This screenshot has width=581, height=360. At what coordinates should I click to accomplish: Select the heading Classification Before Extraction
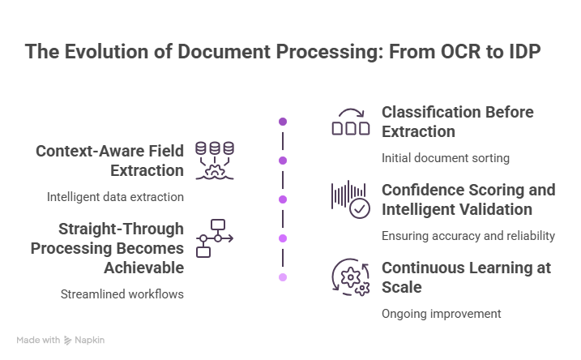(457, 121)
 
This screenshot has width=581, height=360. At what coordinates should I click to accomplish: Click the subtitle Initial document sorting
(434, 158)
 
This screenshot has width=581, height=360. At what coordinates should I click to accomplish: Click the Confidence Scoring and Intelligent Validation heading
(468, 199)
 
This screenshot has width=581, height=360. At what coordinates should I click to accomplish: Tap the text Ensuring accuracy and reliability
(468, 236)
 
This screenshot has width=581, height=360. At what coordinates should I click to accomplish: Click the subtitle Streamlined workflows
(122, 294)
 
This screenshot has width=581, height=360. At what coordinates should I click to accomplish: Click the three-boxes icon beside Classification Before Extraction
(351, 128)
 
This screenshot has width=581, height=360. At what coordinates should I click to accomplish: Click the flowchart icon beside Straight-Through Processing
(215, 238)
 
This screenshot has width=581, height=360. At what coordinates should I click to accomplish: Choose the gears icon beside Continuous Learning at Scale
(351, 278)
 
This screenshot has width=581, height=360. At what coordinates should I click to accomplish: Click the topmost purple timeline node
(282, 122)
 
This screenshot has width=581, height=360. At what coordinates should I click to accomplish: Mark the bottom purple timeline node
(282, 277)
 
